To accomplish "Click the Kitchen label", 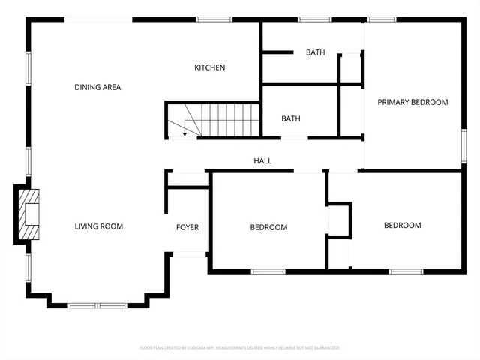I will (x=210, y=68).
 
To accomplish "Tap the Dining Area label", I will (x=97, y=88).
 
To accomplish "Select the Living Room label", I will (x=98, y=226).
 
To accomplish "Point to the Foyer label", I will (x=187, y=227).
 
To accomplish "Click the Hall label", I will (x=262, y=161).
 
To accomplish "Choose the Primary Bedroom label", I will (x=412, y=102).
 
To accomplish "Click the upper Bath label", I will (x=315, y=52).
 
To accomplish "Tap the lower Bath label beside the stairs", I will (x=291, y=118).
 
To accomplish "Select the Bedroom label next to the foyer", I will (x=268, y=227).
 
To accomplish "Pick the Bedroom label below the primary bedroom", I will (x=403, y=225).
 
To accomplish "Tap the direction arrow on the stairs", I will (x=184, y=129).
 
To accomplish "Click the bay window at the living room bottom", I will (x=97, y=305).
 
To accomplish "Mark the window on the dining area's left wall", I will (x=29, y=67).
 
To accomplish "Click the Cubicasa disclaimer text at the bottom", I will (x=240, y=348).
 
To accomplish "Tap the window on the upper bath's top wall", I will (x=315, y=19).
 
